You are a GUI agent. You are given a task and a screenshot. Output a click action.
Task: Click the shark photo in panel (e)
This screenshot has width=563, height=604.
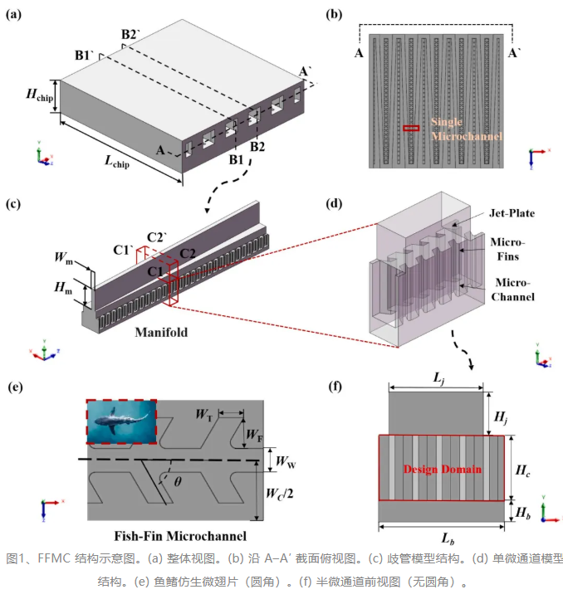click(121, 421)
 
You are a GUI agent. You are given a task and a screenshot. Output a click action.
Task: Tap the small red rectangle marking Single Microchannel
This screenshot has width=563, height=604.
click(411, 129)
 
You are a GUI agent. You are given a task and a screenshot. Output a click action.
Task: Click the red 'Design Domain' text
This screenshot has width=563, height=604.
click(443, 470)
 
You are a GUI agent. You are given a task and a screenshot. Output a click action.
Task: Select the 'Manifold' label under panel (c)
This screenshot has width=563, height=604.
click(161, 332)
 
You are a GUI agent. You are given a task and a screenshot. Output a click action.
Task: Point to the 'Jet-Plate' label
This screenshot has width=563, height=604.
click(512, 213)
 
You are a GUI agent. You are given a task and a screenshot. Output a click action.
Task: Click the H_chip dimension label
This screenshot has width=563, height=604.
click(39, 95)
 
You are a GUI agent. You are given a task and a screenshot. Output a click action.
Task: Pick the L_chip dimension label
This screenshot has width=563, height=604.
click(117, 162)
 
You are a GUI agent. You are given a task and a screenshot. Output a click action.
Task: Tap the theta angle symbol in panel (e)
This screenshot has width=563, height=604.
click(178, 481)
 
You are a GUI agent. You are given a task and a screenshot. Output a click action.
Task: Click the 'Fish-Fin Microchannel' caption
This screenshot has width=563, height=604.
click(180, 536)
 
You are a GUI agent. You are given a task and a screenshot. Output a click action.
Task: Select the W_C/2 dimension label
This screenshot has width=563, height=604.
click(280, 494)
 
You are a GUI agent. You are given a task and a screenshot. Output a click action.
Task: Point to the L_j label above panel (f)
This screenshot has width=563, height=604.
click(438, 377)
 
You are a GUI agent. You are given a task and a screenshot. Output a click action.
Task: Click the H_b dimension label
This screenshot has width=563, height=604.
click(523, 513)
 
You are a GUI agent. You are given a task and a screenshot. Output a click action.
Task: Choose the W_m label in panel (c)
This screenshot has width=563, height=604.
click(64, 257)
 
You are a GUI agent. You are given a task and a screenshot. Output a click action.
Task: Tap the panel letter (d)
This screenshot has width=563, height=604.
click(334, 203)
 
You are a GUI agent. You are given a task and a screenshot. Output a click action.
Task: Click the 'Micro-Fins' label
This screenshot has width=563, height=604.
click(507, 249)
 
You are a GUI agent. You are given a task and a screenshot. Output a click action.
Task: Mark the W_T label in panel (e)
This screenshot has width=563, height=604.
click(204, 415)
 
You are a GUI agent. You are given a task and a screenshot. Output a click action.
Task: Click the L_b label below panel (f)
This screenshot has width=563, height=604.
click(448, 538)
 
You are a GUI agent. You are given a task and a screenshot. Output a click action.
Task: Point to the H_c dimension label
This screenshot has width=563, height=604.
click(522, 470)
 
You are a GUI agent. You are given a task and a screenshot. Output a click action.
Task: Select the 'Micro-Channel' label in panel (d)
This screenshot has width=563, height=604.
click(513, 290)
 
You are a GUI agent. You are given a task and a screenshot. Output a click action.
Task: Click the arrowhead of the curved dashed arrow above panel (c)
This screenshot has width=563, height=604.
click(208, 211)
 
